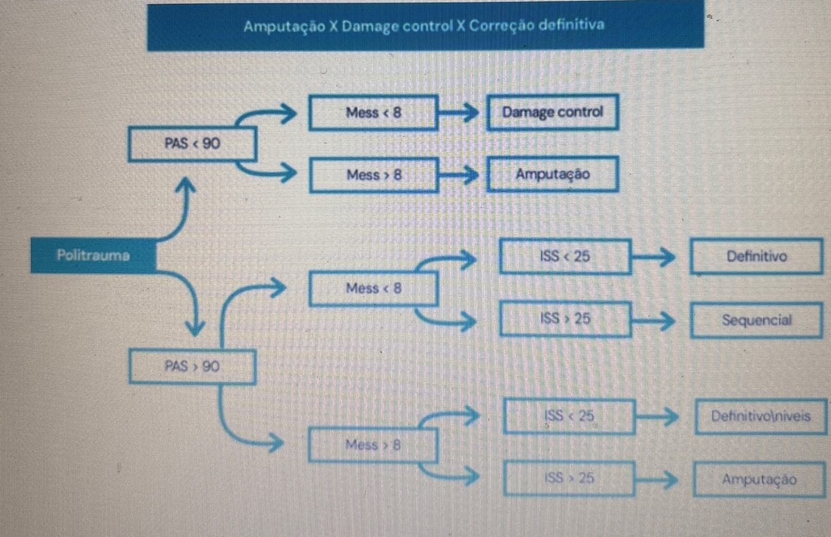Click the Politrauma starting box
click(93, 255)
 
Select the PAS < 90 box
click(192, 143)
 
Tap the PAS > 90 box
click(192, 366)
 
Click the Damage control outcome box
click(553, 112)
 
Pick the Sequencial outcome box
click(757, 320)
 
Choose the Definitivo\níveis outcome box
click(760, 416)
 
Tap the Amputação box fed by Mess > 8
click(553, 174)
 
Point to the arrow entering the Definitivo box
click(657, 256)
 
